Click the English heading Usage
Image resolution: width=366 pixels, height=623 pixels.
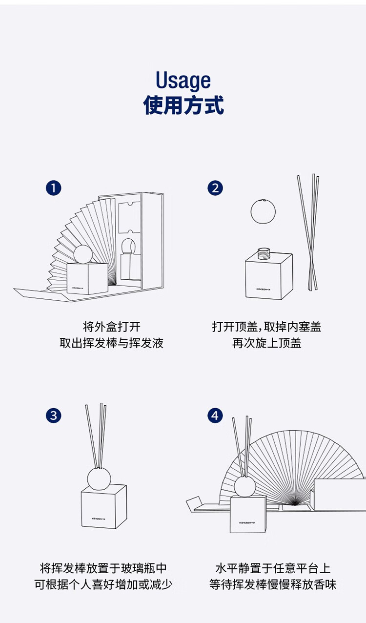183,81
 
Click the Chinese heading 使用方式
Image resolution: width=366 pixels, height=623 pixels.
183,105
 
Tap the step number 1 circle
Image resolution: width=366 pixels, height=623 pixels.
53,188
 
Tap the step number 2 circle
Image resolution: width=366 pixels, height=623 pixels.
215,188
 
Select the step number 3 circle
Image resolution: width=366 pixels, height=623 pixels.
53,416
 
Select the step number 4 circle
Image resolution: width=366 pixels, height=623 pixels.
215,416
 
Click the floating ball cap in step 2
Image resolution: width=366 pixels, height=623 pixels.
263,211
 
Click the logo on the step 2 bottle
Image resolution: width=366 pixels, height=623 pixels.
263,289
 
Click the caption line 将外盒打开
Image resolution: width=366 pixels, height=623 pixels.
111,327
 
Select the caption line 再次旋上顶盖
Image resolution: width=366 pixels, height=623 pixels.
267,343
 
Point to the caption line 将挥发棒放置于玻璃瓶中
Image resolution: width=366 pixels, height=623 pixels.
103,568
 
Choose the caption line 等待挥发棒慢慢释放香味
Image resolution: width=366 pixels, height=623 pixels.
273,584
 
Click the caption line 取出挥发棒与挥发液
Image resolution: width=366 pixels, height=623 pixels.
111,343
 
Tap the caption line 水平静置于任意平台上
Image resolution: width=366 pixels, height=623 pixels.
273,568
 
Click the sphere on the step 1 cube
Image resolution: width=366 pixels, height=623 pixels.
83,254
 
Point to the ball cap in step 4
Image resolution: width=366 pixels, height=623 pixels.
245,487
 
